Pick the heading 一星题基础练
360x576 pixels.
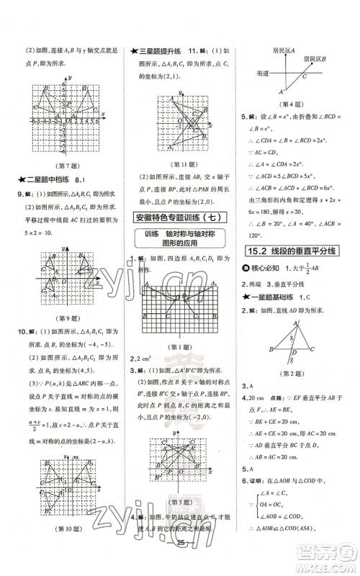278,297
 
